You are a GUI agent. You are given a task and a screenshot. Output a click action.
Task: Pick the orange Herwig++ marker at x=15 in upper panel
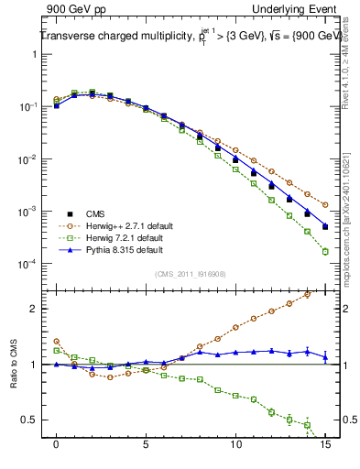pyautogui.click(x=325, y=205)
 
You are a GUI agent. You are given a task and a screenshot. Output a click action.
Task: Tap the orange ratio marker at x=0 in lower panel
pyautogui.click(x=57, y=342)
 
